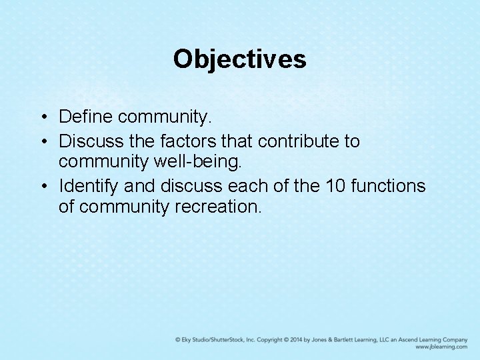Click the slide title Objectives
coord(239,59)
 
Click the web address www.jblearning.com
coord(441,347)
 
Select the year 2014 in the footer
coord(293,339)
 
